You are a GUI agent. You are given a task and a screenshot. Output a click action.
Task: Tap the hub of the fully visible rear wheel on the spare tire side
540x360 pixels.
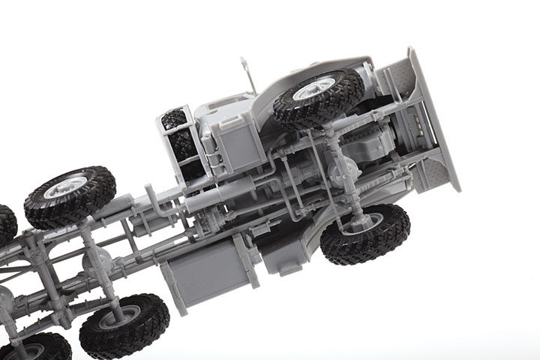click(x=69, y=187)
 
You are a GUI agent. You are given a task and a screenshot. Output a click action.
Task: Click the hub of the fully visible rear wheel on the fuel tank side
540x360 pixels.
click(x=124, y=318)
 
